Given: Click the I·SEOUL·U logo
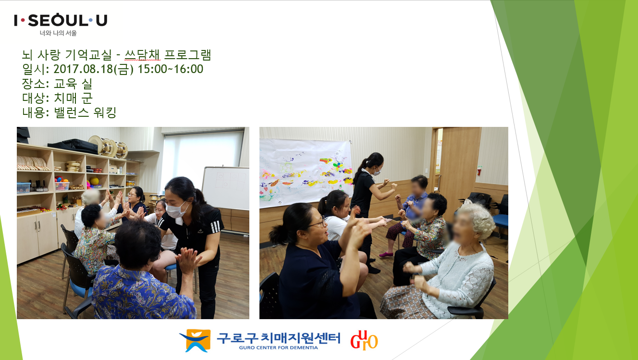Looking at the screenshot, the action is tap(61, 20).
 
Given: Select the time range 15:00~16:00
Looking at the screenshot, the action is tap(171, 69).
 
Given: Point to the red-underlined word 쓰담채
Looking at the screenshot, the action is tap(142, 55).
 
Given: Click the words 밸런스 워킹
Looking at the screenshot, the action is tap(85, 112).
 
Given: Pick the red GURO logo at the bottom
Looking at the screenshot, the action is tap(364, 340).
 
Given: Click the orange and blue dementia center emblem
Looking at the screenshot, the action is tap(196, 340).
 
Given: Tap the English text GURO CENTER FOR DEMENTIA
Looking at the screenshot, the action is tap(278, 348).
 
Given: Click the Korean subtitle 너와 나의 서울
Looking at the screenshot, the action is tap(58, 33).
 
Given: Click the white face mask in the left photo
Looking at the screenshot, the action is tap(177, 210).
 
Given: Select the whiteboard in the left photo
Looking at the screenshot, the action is tap(226, 187).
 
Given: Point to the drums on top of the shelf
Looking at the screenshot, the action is tap(108, 147).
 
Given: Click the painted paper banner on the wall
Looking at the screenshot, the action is tap(306, 173).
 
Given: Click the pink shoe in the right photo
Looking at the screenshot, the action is tap(386, 254).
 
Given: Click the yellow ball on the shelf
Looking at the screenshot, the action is tap(94, 181).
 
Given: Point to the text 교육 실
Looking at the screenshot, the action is tap(73, 84).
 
